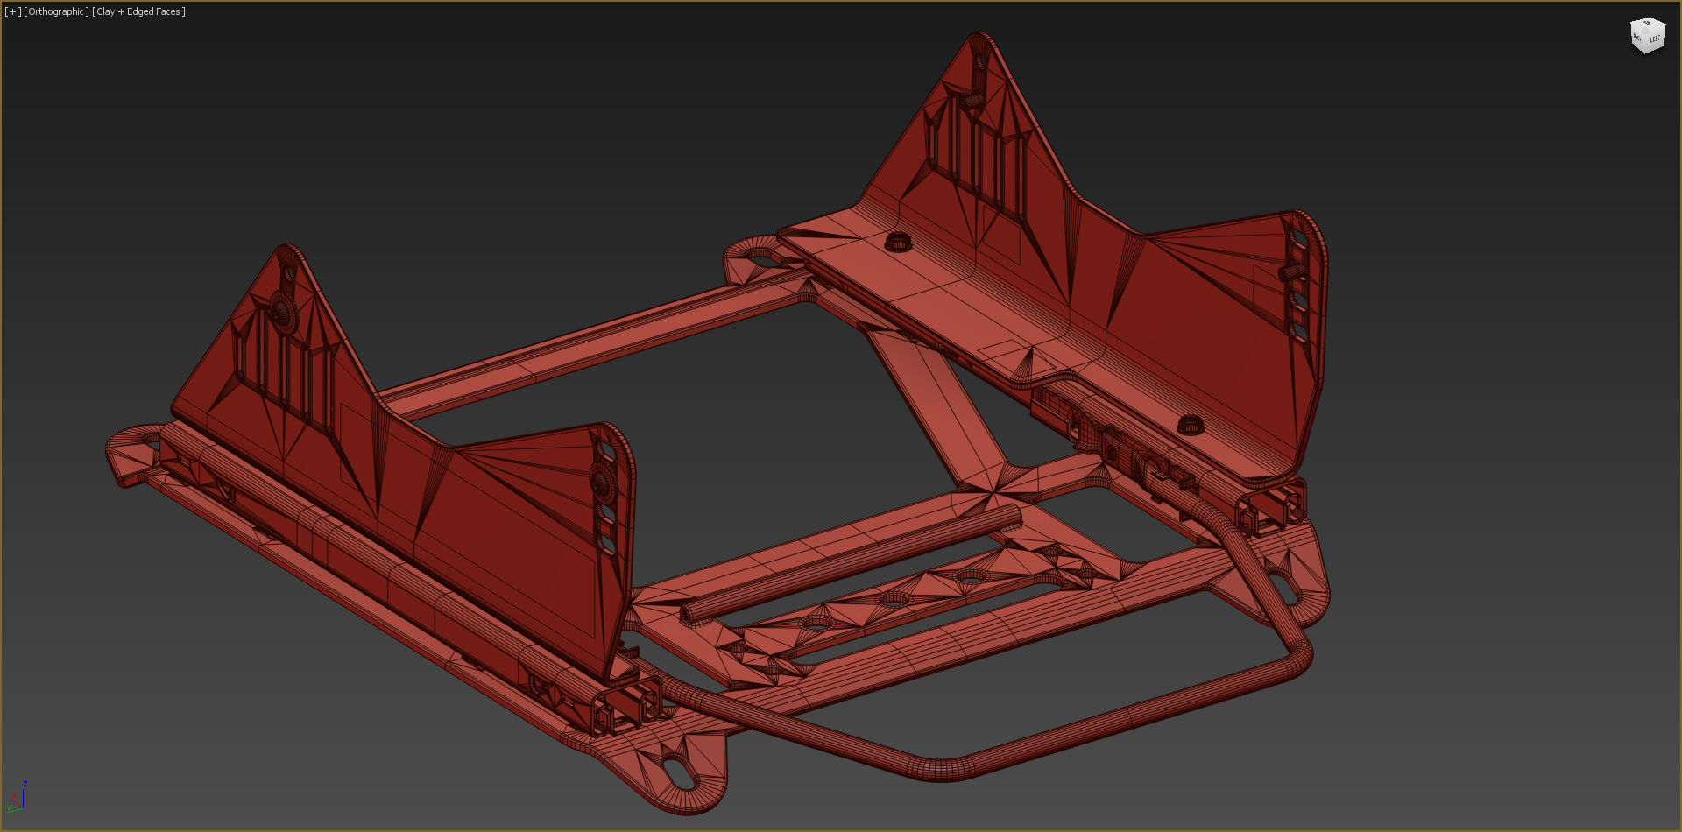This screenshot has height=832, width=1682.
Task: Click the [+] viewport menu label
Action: pos(12,11)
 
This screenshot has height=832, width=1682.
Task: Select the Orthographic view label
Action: pos(56,11)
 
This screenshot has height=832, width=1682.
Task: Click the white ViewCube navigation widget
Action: pos(1647,36)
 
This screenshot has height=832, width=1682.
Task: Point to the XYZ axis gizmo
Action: pos(18,796)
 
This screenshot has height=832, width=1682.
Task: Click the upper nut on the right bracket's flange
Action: pos(897,241)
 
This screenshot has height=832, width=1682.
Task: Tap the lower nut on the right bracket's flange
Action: pos(1189,425)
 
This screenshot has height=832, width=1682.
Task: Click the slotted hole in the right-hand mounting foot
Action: pos(1281,586)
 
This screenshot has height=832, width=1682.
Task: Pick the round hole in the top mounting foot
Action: pos(761,257)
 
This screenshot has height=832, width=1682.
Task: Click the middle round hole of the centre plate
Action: pos(894,601)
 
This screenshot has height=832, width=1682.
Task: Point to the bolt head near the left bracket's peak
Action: pos(281,308)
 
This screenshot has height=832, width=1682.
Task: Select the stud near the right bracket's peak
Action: pos(972,99)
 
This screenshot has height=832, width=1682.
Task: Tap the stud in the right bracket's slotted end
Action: pos(1290,272)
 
